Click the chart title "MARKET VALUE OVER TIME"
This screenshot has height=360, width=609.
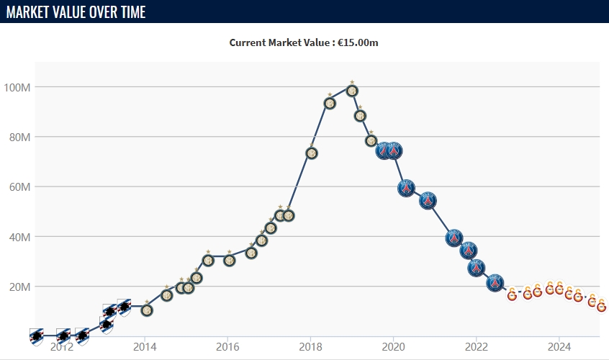[76, 12]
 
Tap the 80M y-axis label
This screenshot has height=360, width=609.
[18, 137]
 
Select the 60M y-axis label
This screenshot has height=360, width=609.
[18, 187]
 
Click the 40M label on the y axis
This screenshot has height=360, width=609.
[18, 237]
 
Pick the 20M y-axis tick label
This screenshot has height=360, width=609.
[18, 287]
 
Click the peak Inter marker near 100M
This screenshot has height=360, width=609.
[352, 91]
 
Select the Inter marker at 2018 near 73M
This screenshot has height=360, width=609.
[312, 153]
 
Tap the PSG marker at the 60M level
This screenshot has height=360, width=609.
[406, 189]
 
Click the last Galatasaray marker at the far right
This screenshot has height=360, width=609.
[602, 307]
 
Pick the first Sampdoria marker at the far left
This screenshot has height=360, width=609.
[37, 336]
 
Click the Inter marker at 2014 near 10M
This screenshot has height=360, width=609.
[147, 310]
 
